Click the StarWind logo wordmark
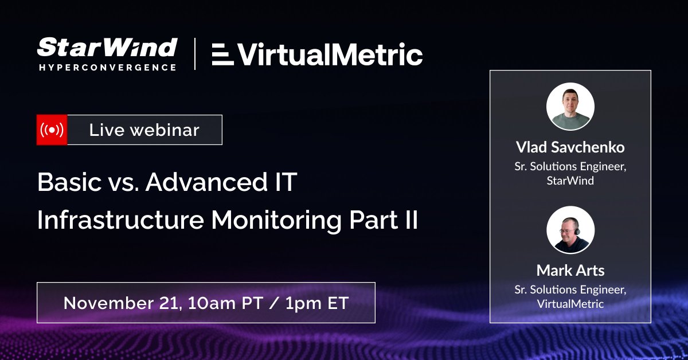click(x=107, y=48)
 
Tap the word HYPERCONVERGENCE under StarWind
click(x=107, y=67)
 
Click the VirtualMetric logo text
click(x=330, y=55)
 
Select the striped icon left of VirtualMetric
click(x=222, y=56)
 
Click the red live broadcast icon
click(x=52, y=130)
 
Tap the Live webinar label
click(x=144, y=130)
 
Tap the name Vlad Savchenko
click(x=570, y=147)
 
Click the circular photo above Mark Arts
click(x=570, y=229)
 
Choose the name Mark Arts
click(x=570, y=270)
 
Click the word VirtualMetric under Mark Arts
click(x=570, y=304)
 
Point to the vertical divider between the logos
click(x=195, y=54)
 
